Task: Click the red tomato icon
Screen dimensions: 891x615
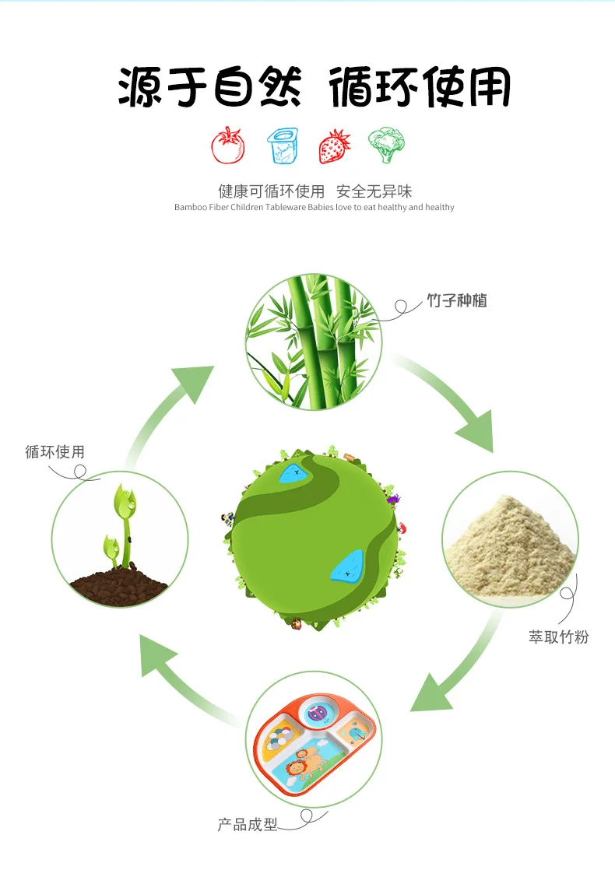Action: coord(228,145)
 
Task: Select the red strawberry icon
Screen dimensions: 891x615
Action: coord(334,146)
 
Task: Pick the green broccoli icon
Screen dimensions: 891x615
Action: coord(386,145)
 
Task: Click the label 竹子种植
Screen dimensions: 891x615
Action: coord(457,300)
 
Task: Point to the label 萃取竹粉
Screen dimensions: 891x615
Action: coord(559,637)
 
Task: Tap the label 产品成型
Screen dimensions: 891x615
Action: coord(248,824)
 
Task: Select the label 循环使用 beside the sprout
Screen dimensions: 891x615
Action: coord(54,451)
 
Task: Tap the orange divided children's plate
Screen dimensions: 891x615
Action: coord(311,743)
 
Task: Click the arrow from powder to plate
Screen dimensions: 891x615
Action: coord(459,669)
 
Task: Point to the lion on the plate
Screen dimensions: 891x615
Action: coord(299,770)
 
